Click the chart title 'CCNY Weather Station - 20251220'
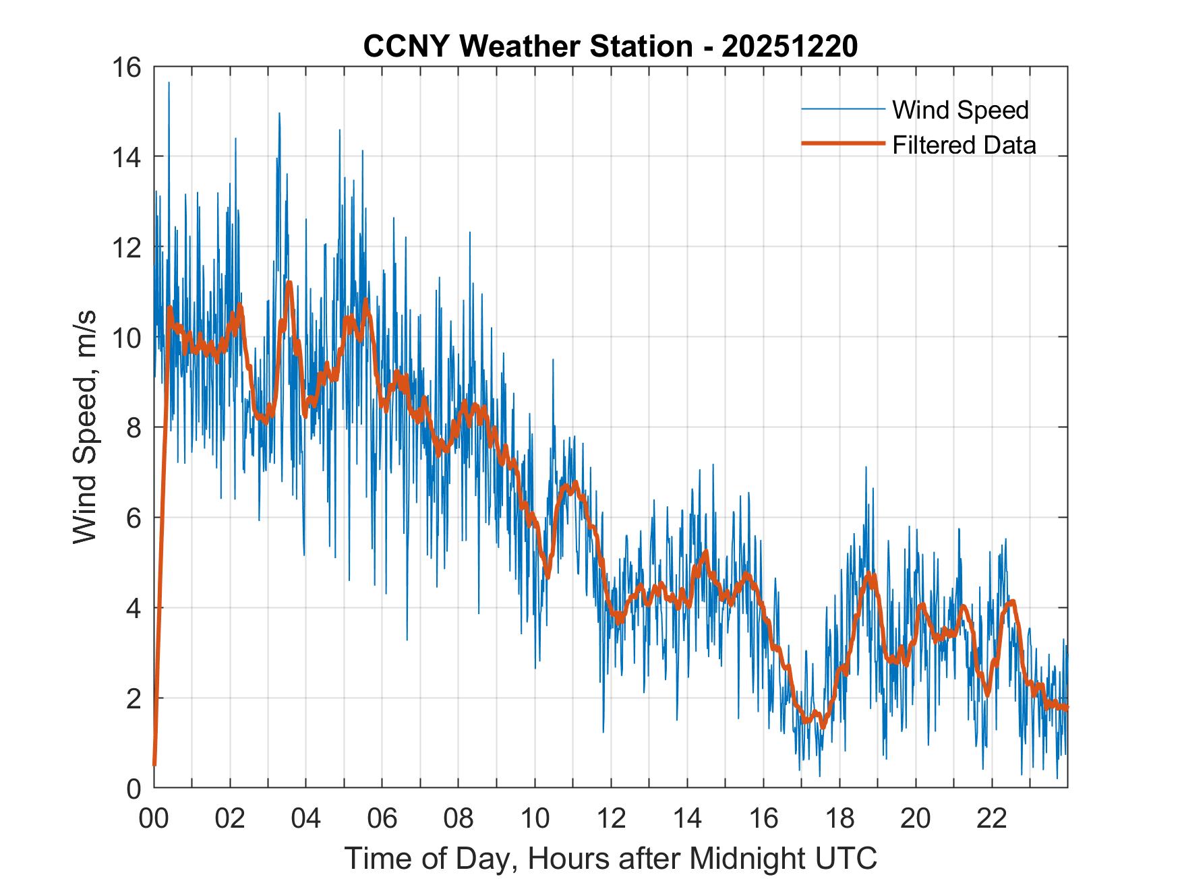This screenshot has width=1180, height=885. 610,47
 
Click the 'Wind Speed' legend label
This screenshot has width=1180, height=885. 960,110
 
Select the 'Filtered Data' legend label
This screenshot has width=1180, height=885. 964,145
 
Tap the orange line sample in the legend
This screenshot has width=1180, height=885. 842,144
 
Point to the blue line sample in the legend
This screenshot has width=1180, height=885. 842,109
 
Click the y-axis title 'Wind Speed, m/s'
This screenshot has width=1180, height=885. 85,427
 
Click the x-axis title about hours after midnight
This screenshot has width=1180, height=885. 611,859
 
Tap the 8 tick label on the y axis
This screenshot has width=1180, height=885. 133,427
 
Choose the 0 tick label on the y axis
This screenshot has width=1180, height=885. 133,788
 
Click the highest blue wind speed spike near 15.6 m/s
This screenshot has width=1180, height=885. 169,84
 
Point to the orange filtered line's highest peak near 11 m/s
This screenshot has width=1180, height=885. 289,284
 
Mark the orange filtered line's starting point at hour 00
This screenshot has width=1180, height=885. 154,764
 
